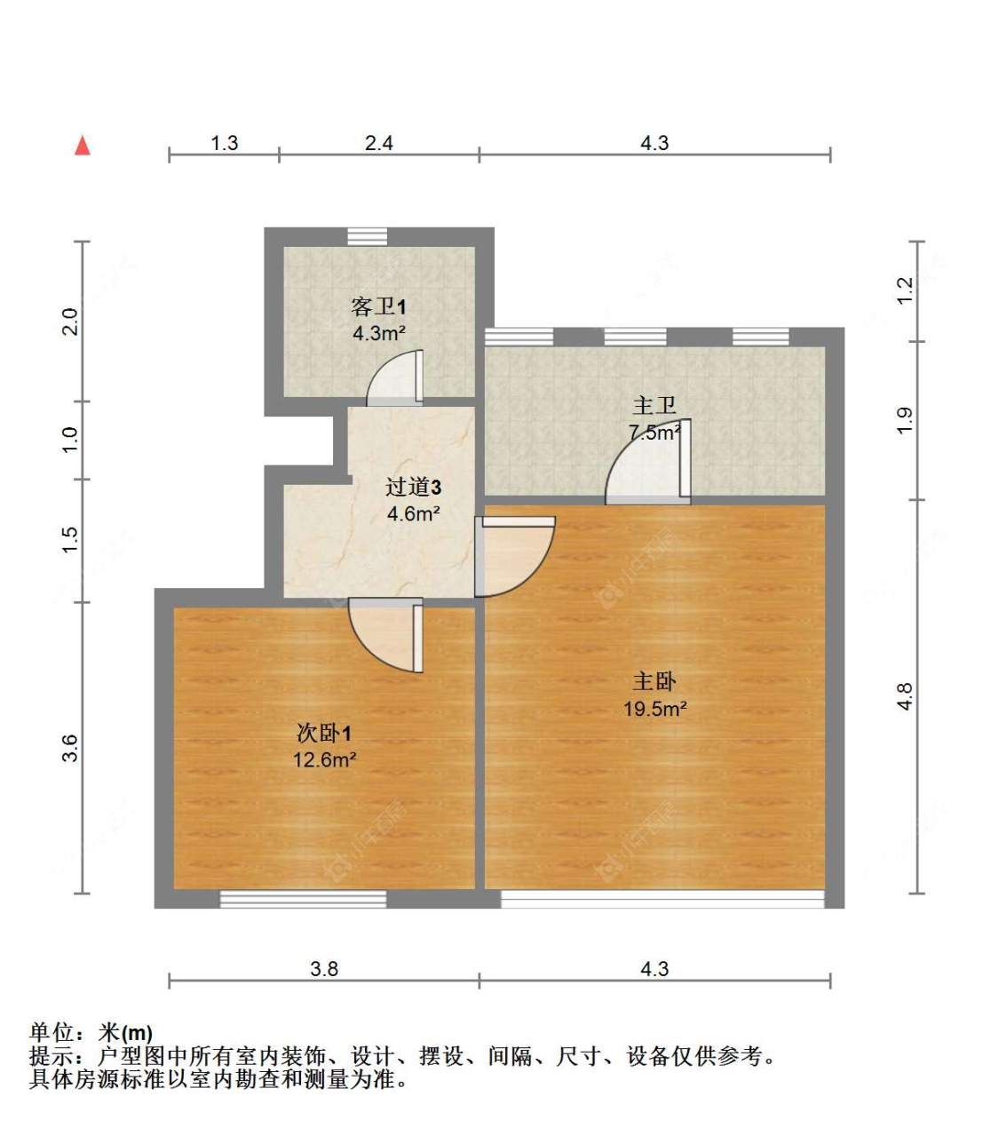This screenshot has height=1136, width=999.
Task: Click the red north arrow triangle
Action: coord(83,146)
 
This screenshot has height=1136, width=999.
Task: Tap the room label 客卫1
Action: coord(378,307)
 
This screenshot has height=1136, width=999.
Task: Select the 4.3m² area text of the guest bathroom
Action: coord(379,334)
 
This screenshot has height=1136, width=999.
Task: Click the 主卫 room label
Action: coord(654,406)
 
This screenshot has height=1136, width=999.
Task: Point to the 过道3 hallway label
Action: coord(413,487)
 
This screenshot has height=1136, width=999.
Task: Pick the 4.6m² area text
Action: coord(414,513)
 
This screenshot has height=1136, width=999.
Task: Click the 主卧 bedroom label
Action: coord(654,682)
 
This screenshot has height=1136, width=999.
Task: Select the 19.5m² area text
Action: coord(654,709)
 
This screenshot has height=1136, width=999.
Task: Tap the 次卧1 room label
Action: coord(324,734)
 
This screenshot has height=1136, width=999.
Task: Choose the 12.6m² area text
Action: coord(324,760)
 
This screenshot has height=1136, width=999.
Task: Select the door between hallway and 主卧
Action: coord(512,556)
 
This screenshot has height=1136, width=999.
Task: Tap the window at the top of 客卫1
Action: coord(367,236)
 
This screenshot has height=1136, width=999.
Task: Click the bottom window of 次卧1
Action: coord(303,899)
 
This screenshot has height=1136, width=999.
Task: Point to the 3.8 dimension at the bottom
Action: coord(324,969)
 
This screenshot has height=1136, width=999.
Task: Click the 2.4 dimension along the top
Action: coord(379,143)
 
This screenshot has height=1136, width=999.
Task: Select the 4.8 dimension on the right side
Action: coord(905,696)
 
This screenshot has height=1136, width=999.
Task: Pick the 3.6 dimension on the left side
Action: coord(70,749)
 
